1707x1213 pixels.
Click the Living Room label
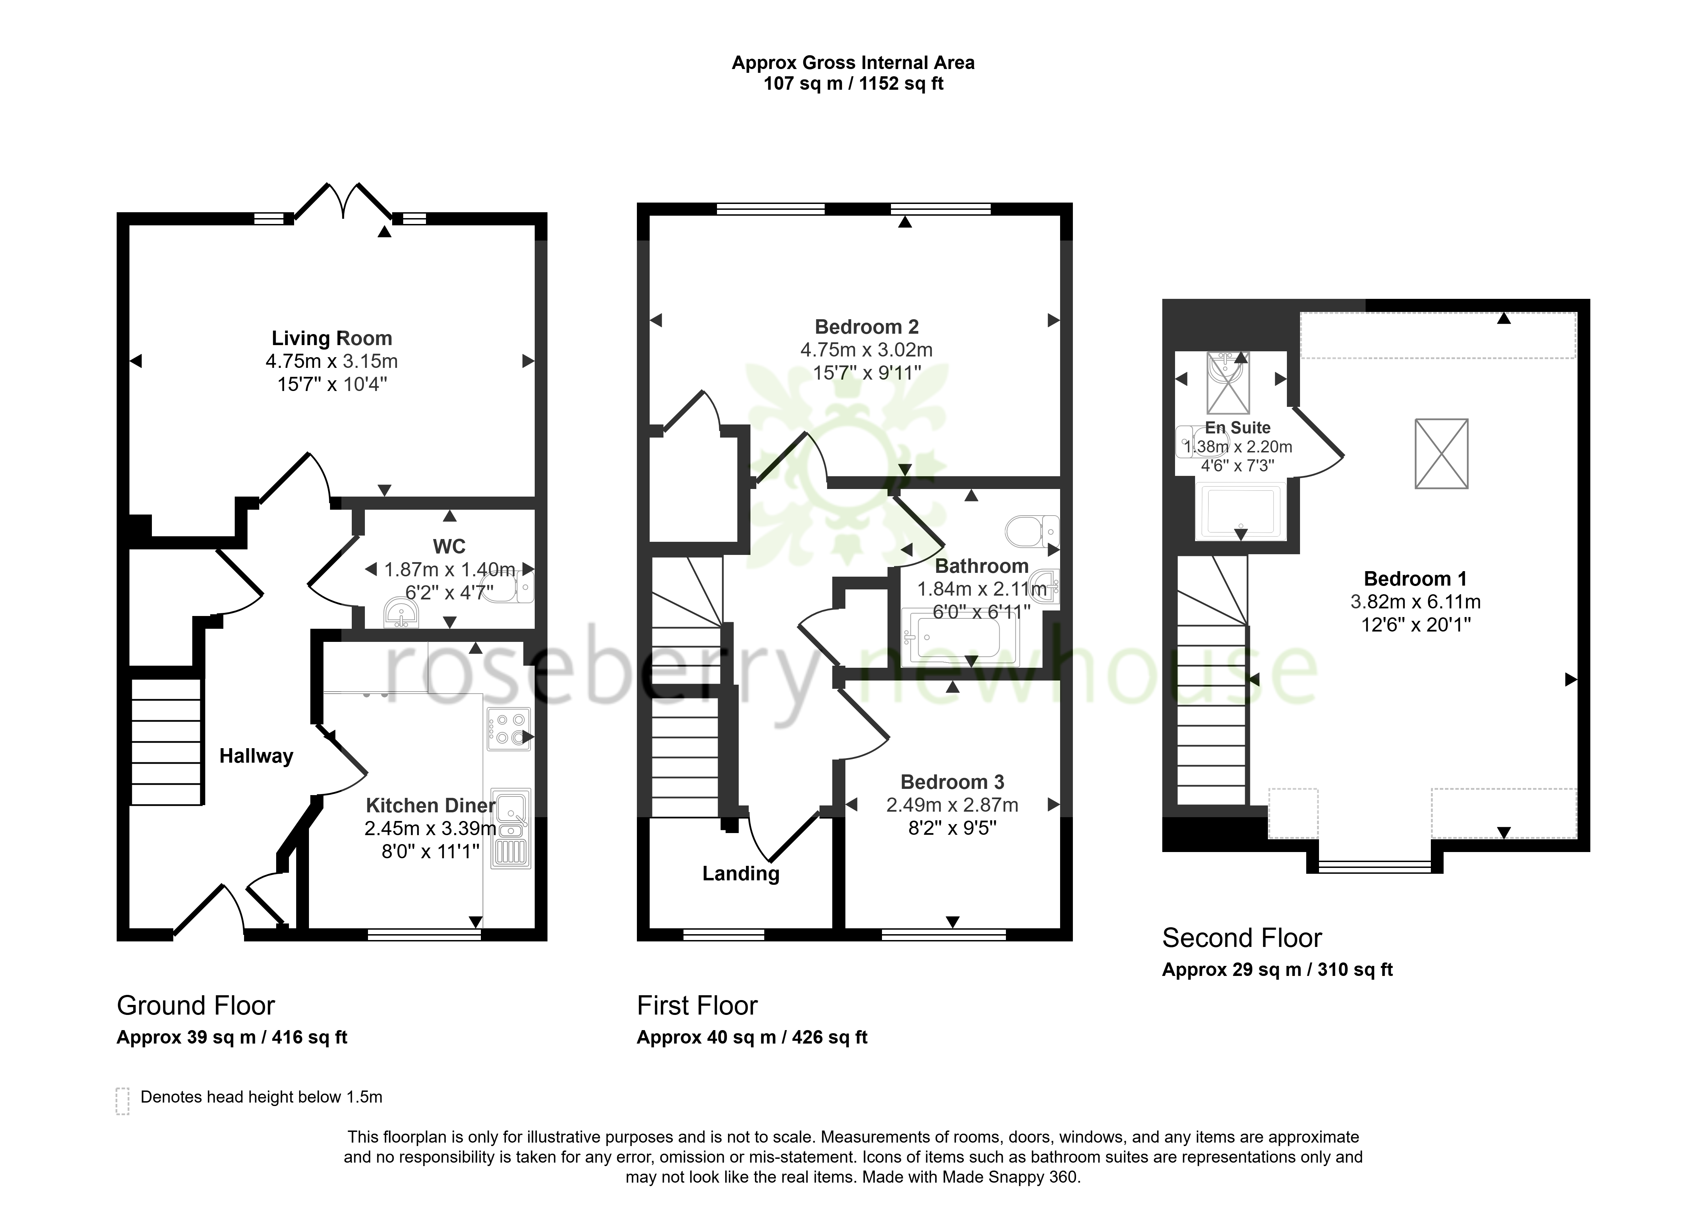[332, 338]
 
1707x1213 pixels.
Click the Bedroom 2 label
[866, 326]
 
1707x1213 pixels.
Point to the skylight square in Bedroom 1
[1441, 454]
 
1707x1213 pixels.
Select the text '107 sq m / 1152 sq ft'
[853, 84]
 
